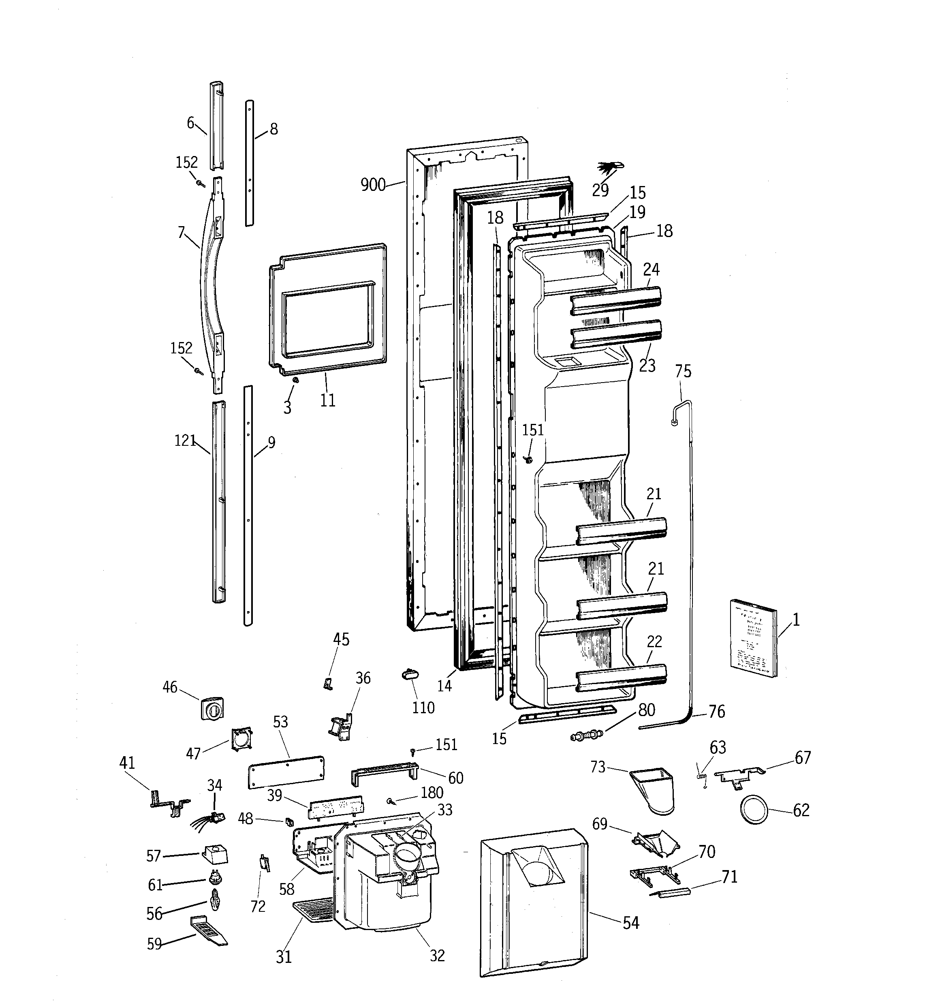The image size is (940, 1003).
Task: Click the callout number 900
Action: tap(373, 185)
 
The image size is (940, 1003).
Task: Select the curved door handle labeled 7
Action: tap(211, 282)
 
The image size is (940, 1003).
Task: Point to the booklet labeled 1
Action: tap(754, 637)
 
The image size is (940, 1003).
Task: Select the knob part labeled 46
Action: tap(212, 709)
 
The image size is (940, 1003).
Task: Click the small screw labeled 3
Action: tap(296, 379)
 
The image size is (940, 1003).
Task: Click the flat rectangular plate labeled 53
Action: tap(286, 772)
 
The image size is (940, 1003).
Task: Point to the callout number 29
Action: tap(600, 190)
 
